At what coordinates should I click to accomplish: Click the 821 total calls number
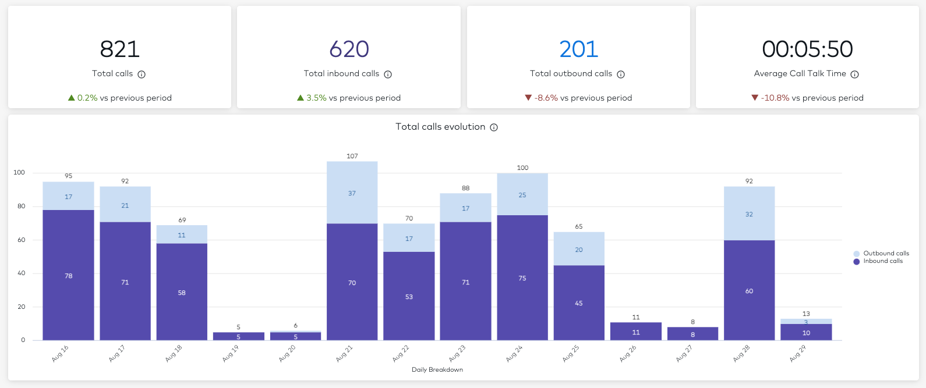[x=119, y=49]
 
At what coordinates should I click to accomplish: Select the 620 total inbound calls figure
[x=349, y=49]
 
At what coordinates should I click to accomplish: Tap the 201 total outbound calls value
[x=578, y=49]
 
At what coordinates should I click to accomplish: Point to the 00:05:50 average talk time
[x=807, y=49]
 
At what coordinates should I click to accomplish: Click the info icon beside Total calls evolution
[x=494, y=127]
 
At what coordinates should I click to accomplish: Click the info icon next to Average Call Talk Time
[x=854, y=74]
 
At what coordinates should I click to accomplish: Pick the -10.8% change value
[x=775, y=98]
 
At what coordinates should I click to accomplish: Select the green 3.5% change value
[x=316, y=98]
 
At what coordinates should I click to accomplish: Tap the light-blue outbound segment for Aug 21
[x=352, y=193]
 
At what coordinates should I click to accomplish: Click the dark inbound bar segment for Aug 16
[x=68, y=275]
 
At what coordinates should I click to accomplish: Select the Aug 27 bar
[x=692, y=334]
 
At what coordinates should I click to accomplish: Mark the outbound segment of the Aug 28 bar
[x=749, y=213]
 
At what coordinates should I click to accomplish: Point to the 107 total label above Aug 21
[x=352, y=156]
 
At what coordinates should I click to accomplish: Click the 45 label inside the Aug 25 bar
[x=578, y=303]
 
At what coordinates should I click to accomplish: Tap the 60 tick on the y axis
[x=21, y=240]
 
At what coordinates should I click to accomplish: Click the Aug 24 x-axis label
[x=514, y=354]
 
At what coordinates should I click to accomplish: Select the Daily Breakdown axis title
[x=437, y=369]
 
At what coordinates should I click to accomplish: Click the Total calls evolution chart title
[x=440, y=127]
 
